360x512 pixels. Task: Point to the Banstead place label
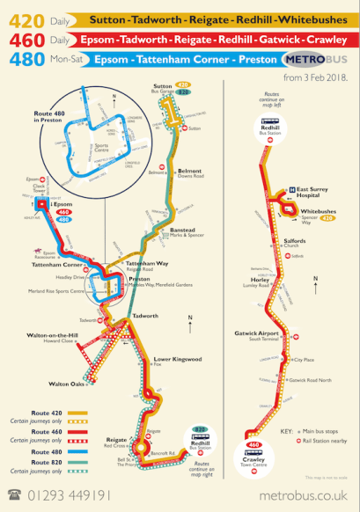[x=182, y=206]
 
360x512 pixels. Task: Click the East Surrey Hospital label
[x=312, y=192]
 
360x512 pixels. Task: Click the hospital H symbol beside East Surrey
[x=291, y=189]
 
